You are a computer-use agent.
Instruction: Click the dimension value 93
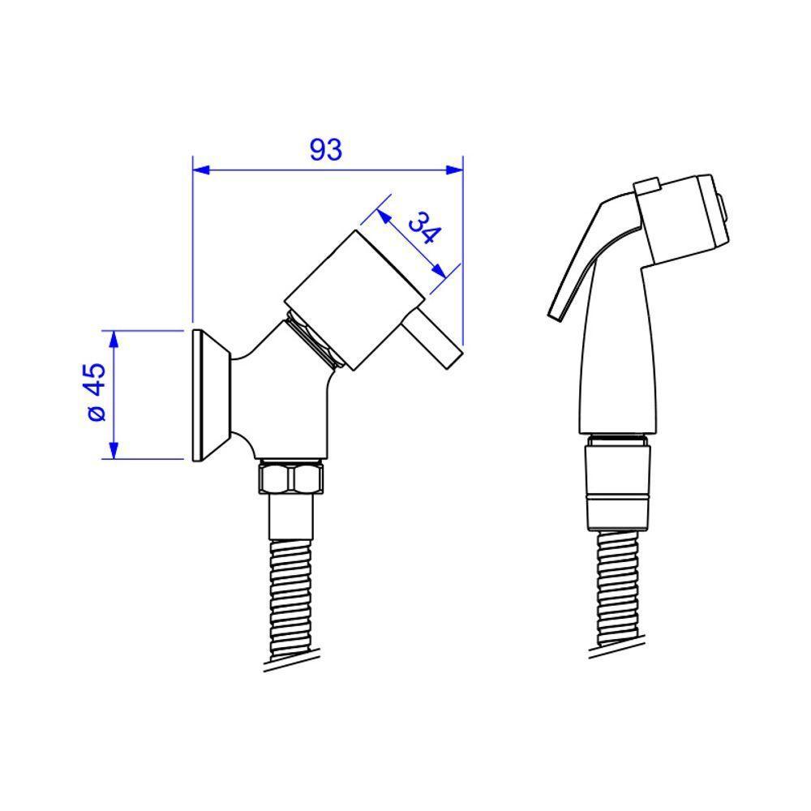point(326,149)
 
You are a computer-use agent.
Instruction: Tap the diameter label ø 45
point(97,393)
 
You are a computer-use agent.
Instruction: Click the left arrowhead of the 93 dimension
point(200,169)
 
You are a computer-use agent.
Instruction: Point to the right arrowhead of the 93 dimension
point(454,169)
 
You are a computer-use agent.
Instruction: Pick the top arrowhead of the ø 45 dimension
point(114,339)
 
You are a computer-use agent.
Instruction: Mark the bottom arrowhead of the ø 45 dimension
point(114,450)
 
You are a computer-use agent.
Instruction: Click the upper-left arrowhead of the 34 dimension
point(384,217)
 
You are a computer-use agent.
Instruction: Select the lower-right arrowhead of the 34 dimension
point(439,271)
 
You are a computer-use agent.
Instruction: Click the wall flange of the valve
point(209,395)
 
